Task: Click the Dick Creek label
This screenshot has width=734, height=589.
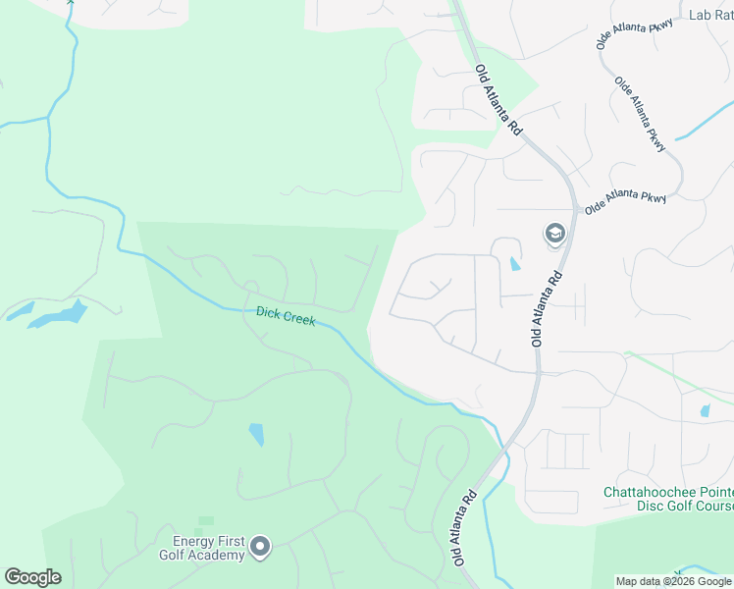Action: [286, 316]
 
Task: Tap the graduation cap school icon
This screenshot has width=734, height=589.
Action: [554, 234]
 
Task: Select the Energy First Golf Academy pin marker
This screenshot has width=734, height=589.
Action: [260, 547]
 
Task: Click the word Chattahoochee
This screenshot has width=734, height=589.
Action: [655, 492]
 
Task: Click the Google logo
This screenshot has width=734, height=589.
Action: [32, 577]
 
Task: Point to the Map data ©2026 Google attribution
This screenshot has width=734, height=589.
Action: [674, 581]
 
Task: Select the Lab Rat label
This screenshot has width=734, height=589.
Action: [710, 15]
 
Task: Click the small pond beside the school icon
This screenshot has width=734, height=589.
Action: [515, 263]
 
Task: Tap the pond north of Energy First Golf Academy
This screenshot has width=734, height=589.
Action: [256, 433]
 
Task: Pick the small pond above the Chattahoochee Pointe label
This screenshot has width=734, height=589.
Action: [705, 410]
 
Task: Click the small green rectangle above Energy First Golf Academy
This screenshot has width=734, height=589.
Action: [206, 520]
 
